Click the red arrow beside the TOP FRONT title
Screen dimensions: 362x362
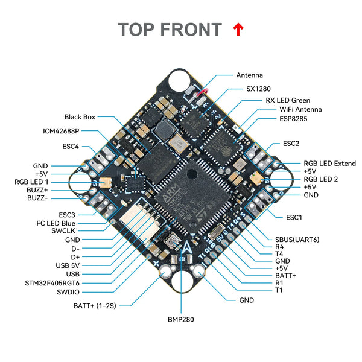point(238,29)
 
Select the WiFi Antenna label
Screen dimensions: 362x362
point(300,109)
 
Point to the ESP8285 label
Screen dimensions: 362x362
point(294,119)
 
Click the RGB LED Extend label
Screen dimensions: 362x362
point(329,163)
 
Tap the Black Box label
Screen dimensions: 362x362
point(80,117)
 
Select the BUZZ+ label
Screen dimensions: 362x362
point(37,189)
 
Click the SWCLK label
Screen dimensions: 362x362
point(64,230)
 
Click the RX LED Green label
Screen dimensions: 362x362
point(288,100)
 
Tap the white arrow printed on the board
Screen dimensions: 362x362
point(188,247)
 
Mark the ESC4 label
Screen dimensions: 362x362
point(70,146)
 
